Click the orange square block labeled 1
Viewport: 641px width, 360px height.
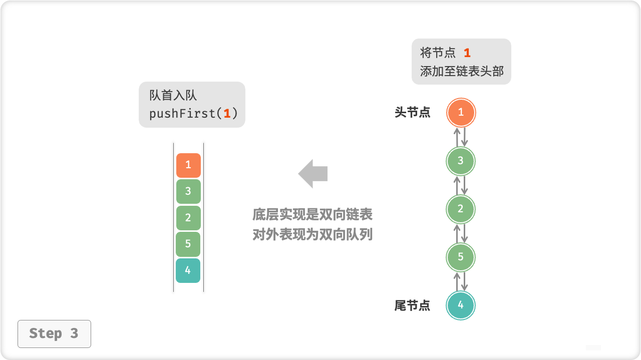(x=188, y=165)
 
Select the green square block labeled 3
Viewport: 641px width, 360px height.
(x=188, y=191)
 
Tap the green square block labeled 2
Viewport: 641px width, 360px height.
(x=188, y=218)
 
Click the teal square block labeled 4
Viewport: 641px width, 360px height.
(x=188, y=270)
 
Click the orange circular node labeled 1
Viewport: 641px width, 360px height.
(x=461, y=113)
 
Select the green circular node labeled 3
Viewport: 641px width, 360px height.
(x=461, y=161)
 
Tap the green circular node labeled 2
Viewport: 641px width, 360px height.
(x=461, y=209)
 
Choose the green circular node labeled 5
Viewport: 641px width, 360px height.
(x=461, y=257)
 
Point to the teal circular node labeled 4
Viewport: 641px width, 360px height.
(x=461, y=305)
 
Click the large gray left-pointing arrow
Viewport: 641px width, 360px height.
(x=313, y=174)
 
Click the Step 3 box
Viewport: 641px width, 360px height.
(x=54, y=333)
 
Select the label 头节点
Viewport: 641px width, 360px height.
(x=412, y=113)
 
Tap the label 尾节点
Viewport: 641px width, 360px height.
(x=412, y=305)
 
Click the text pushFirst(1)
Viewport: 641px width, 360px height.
(x=193, y=114)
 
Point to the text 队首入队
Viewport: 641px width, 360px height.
(x=173, y=96)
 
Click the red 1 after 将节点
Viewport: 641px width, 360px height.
(x=467, y=53)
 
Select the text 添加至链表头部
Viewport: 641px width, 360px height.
(x=462, y=71)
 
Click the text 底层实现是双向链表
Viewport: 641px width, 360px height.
(x=312, y=215)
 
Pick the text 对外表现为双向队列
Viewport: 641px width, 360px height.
(x=312, y=234)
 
